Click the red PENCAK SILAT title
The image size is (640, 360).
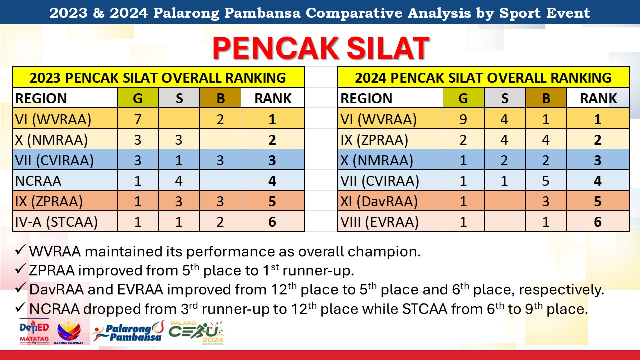[321, 48]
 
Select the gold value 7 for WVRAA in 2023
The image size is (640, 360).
[138, 119]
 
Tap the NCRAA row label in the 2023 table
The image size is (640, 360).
[38, 181]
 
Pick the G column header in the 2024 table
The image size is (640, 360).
[463, 98]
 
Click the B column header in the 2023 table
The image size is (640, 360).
[220, 98]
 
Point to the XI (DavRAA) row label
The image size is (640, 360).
[379, 201]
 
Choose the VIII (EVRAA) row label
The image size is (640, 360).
[379, 222]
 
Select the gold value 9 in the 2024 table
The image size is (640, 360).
[463, 119]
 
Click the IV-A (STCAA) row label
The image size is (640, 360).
[56, 222]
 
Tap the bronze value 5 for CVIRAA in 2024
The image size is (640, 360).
[545, 181]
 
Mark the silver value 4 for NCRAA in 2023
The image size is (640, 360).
[179, 181]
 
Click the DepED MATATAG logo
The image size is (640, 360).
[34, 332]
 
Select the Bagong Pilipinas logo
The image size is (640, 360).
[69, 332]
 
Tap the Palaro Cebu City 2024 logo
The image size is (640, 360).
[196, 333]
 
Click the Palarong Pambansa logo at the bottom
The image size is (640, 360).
[128, 331]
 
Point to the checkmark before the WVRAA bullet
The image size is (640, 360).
[21, 250]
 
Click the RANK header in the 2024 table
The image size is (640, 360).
[598, 98]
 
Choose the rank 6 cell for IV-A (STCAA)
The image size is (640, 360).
[272, 222]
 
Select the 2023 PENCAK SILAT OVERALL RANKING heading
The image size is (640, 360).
[158, 78]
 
